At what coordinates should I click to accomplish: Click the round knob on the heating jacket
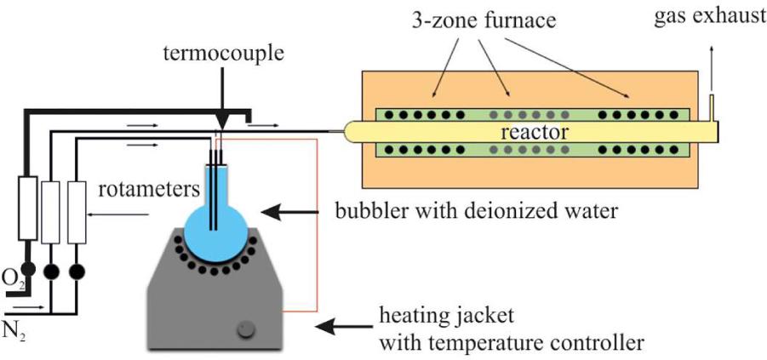(x=248, y=328)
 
